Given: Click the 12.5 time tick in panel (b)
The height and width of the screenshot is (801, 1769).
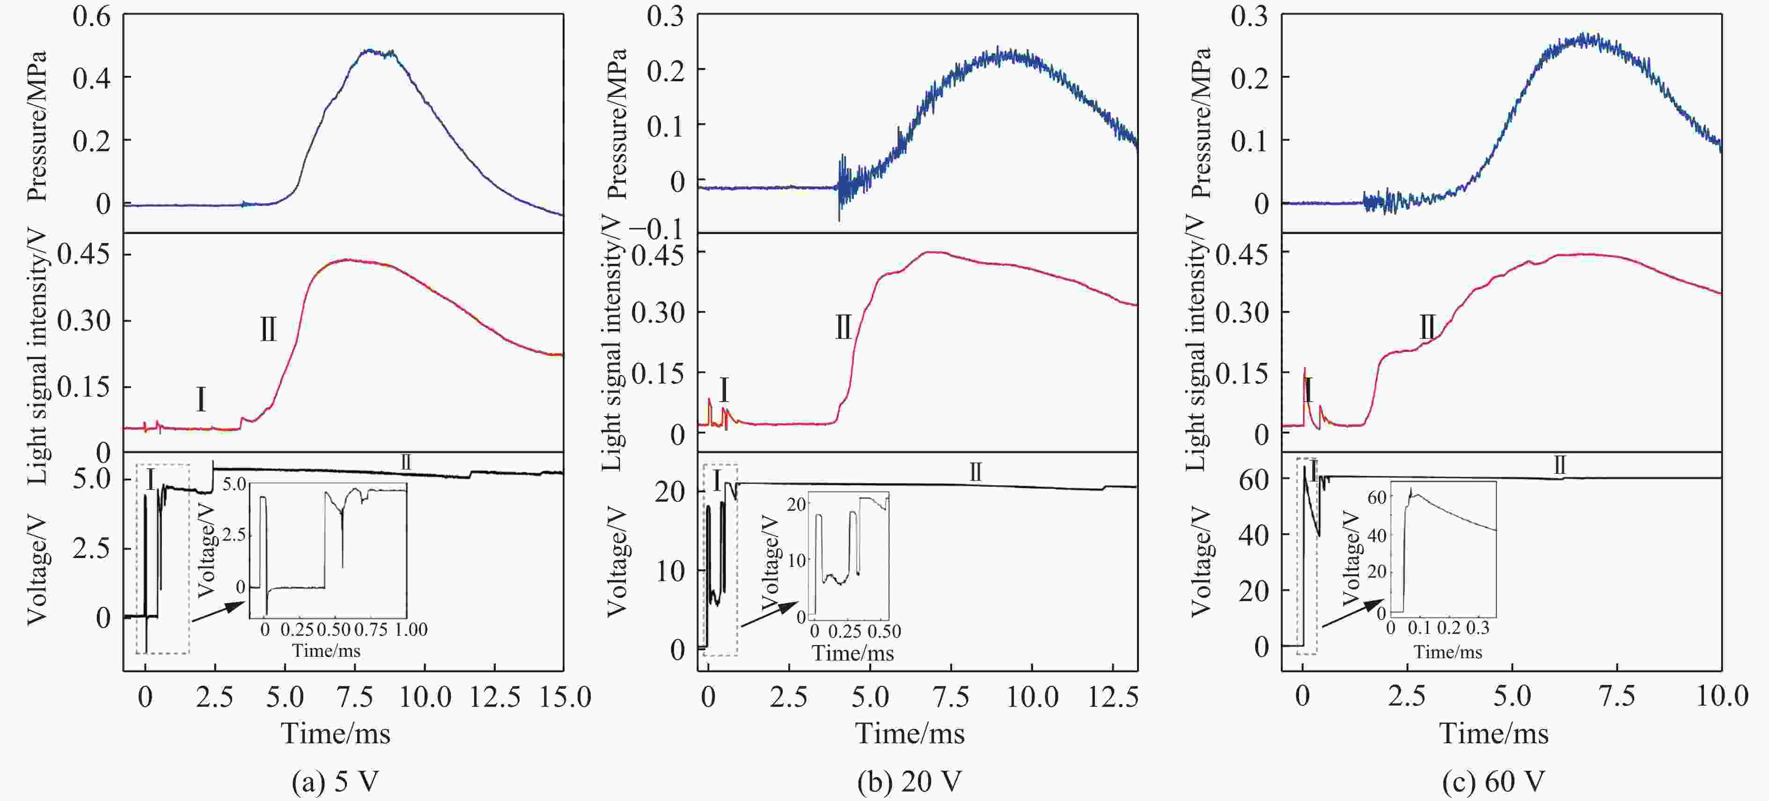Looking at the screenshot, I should point(1113,697).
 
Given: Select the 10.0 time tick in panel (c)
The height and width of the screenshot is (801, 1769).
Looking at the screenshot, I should point(1722,697).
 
